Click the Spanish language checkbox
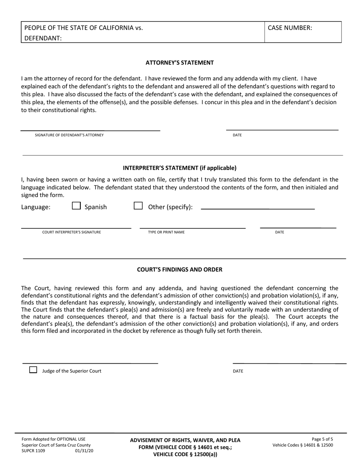(x=76, y=206)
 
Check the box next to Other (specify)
(x=138, y=206)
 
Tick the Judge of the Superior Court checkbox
(x=33, y=370)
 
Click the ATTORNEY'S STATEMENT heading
(x=180, y=63)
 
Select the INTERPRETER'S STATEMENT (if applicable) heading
(x=180, y=168)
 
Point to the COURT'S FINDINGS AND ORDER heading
(x=180, y=270)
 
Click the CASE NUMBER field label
(x=290, y=28)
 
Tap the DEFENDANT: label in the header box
(x=43, y=38)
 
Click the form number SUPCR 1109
(x=33, y=451)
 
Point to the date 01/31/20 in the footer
(x=84, y=451)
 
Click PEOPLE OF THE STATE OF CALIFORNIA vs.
(x=84, y=28)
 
